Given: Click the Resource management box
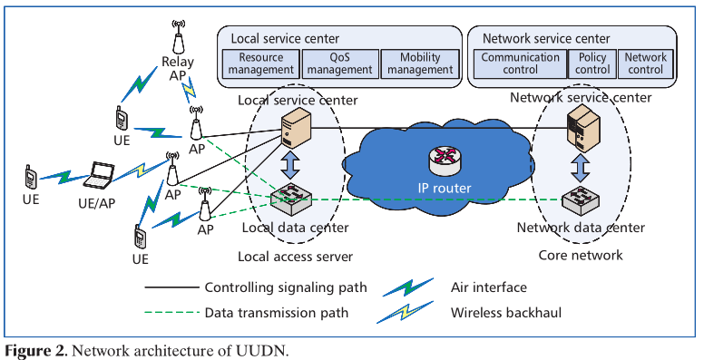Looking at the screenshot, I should tap(260, 63).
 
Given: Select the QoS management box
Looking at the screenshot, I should tap(338, 63).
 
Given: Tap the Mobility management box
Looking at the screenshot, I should tap(417, 63).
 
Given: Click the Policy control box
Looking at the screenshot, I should tap(592, 63).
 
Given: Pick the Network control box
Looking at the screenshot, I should tap(645, 63).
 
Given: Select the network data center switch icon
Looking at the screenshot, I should tap(579, 199).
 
